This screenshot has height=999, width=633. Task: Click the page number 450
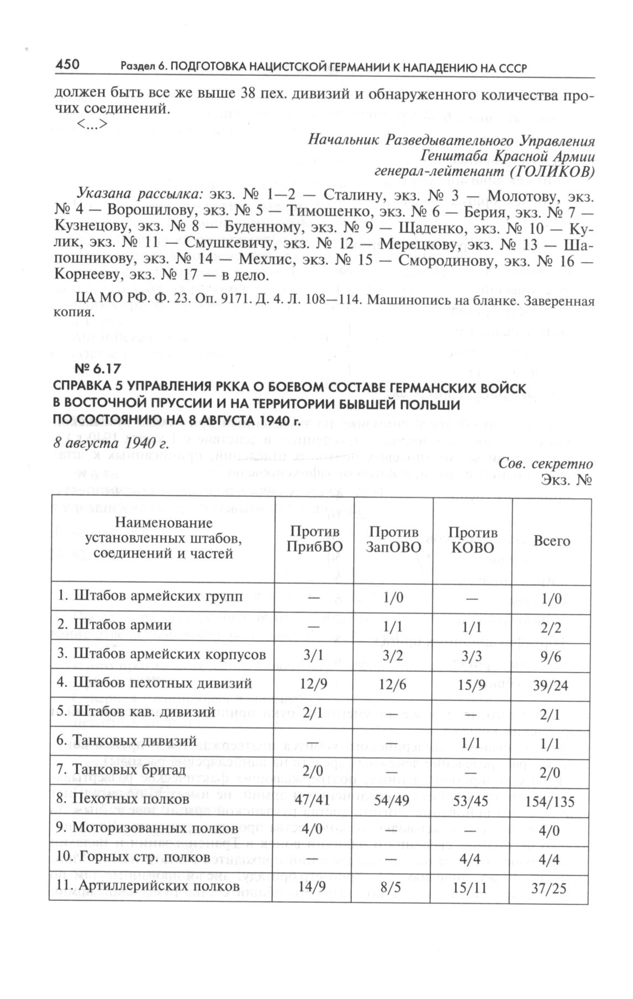pyautogui.click(x=68, y=66)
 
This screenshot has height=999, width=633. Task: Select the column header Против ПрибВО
pyautogui.click(x=314, y=539)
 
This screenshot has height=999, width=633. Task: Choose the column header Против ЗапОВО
pyautogui.click(x=394, y=539)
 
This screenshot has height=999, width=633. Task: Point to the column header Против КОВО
pyautogui.click(x=472, y=539)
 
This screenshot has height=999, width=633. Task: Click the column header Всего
pyautogui.click(x=552, y=541)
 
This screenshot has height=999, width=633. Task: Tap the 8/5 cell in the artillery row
pyautogui.click(x=393, y=886)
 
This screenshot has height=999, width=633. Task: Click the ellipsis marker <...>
pyautogui.click(x=91, y=124)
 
